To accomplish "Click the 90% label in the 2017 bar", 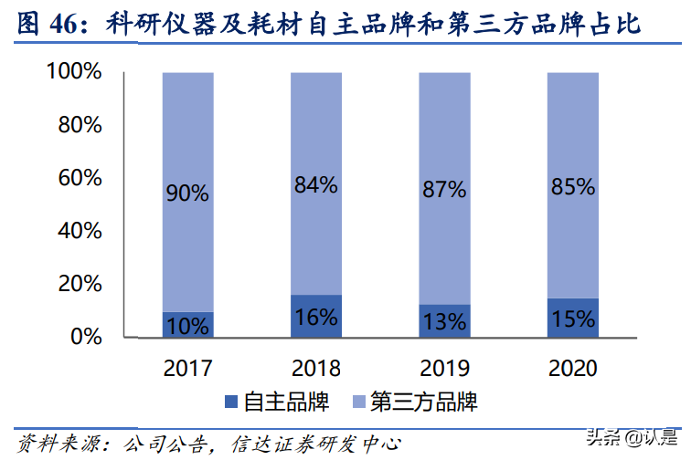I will coord(187,193).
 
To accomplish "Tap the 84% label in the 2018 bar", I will coord(315,185).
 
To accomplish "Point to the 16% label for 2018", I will coord(315,318).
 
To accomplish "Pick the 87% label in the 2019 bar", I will coord(444,190).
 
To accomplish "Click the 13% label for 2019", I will coord(444,320).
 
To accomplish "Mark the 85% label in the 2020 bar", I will coord(573,188).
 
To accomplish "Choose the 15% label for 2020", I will coord(573,319).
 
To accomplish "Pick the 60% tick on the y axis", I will coord(79,178).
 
